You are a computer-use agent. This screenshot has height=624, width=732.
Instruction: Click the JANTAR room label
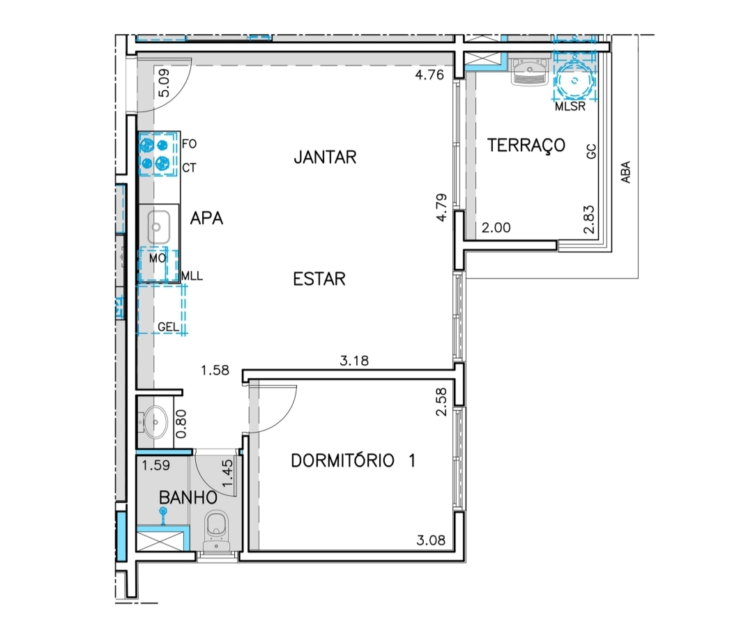click(325, 157)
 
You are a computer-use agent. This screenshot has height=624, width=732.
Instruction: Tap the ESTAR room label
click(319, 279)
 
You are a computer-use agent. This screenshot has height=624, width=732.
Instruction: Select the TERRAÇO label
click(526, 146)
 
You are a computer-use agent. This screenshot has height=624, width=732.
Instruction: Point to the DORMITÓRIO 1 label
click(353, 461)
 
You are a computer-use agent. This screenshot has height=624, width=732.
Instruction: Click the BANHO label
click(188, 498)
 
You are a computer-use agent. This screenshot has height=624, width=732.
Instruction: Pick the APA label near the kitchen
click(206, 218)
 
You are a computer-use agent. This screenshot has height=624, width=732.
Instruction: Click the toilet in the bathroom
click(217, 529)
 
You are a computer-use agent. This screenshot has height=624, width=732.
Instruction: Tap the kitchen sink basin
click(158, 227)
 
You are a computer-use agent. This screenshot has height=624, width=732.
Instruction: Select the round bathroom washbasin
click(155, 423)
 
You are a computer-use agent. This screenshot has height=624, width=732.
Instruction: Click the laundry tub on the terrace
click(529, 71)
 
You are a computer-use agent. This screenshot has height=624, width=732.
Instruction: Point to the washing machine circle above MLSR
click(574, 81)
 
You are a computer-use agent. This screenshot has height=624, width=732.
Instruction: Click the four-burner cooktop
click(155, 155)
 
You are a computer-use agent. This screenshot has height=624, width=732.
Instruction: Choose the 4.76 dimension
click(429, 75)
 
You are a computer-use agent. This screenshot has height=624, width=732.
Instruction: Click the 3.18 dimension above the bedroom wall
click(354, 361)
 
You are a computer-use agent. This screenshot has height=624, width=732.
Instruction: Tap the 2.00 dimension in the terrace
click(496, 228)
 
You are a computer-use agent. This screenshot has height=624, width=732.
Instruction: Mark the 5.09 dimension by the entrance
click(164, 83)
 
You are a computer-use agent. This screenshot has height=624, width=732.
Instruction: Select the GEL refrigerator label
click(168, 327)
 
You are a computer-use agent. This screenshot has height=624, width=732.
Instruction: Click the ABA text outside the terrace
click(625, 172)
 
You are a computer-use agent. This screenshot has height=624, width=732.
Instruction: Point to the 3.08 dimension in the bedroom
click(430, 540)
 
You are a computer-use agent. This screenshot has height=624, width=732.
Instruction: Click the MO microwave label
click(158, 258)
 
